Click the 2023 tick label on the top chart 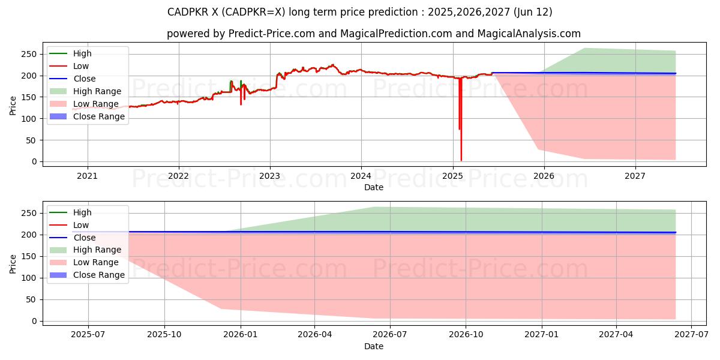click(x=270, y=176)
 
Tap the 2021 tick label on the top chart click(x=88, y=176)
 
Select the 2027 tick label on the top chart click(x=635, y=176)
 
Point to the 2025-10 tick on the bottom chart click(x=164, y=335)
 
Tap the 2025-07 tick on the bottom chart click(x=88, y=335)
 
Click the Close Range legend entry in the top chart click(x=98, y=116)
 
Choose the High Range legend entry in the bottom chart click(x=97, y=250)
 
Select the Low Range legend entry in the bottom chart click(x=95, y=262)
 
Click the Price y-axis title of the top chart click(x=13, y=106)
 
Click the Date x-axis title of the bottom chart click(x=373, y=346)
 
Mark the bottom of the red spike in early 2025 click(x=461, y=160)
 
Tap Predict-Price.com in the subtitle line click(x=272, y=34)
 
